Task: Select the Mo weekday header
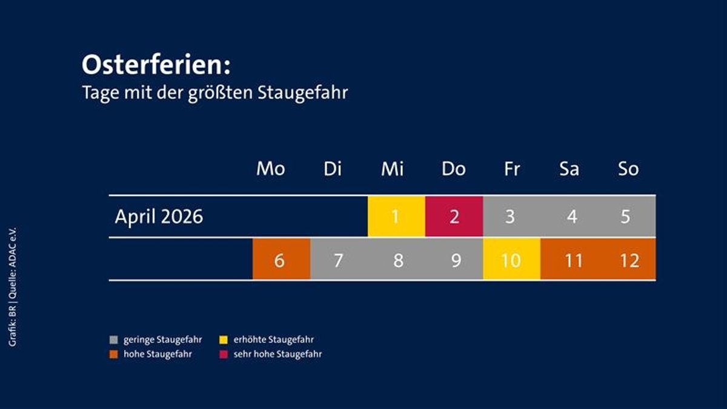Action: (270, 169)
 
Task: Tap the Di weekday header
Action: (332, 169)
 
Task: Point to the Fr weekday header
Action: (511, 169)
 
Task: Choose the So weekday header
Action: (628, 169)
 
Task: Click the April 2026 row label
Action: (159, 217)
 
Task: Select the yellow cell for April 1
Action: (396, 217)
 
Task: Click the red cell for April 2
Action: (454, 217)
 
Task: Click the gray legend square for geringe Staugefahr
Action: (113, 341)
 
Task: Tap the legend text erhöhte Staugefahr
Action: (273, 340)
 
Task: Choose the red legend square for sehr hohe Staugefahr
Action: (222, 355)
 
